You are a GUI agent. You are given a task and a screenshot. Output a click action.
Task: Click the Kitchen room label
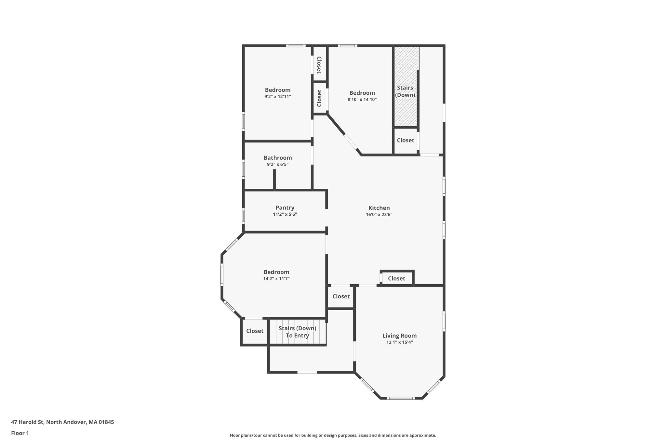379,208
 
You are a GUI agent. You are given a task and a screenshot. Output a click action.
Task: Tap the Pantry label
285,208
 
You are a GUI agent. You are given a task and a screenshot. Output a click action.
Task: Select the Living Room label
399,336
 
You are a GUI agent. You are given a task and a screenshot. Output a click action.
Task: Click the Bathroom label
278,158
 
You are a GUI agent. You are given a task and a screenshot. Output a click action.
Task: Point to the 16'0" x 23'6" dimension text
379,215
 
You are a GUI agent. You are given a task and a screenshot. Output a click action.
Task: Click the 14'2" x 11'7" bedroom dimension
276,279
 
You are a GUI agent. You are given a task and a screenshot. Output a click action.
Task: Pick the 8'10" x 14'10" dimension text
362,100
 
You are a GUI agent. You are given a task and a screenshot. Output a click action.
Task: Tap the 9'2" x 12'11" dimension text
277,97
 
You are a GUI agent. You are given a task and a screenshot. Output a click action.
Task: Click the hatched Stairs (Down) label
405,91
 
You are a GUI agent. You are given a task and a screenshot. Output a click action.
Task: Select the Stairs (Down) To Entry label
297,332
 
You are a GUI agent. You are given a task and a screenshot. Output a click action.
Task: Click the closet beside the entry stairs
255,331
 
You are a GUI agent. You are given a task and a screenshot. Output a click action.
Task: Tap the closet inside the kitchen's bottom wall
396,278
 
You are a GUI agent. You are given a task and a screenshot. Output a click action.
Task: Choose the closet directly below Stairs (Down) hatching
406,140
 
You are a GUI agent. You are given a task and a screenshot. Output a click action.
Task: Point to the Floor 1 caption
20,433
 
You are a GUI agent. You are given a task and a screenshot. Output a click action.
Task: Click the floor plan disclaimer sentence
333,435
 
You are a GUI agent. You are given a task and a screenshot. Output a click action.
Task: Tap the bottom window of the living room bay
401,398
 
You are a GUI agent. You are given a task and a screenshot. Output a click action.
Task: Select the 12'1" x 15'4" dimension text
399,342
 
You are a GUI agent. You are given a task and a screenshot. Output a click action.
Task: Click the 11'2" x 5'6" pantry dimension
285,214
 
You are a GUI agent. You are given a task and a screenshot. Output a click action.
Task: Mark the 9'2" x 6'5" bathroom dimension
278,165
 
